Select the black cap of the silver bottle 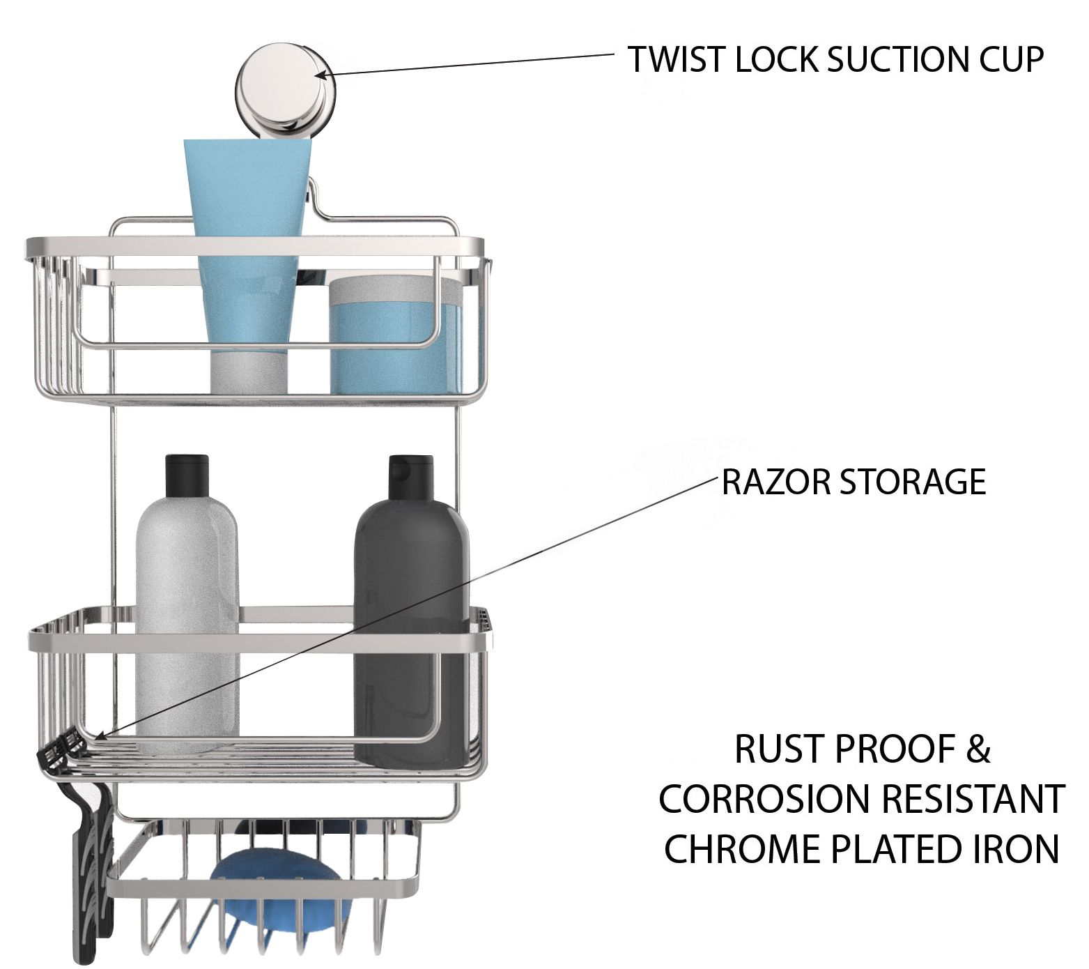(187, 475)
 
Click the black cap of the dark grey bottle (412, 475)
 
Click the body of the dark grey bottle (411, 627)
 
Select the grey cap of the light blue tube (249, 369)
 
